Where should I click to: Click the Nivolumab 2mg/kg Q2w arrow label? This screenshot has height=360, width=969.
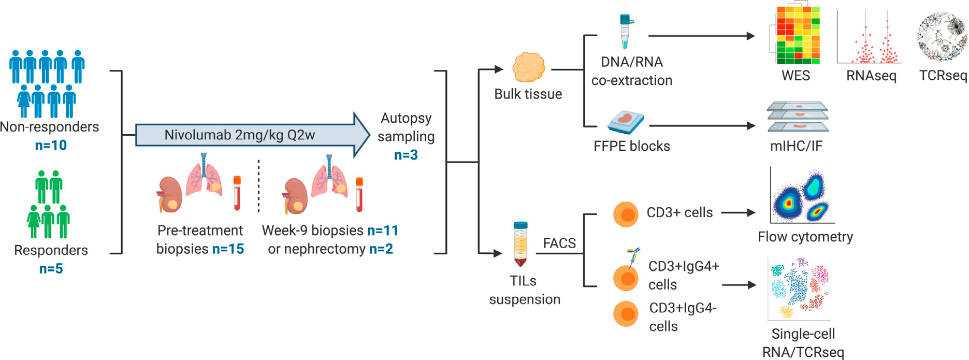pyautogui.click(x=239, y=135)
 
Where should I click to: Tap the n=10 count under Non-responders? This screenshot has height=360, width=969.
pyautogui.click(x=51, y=146)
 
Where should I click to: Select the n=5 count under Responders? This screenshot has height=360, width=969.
pyautogui.click(x=51, y=269)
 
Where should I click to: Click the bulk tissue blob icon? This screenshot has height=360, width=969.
pyautogui.click(x=528, y=67)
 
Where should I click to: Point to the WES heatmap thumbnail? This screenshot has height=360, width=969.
pyautogui.click(x=794, y=35)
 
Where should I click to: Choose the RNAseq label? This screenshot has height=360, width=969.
pyautogui.click(x=871, y=76)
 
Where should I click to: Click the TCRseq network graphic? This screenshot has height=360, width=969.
pyautogui.click(x=942, y=36)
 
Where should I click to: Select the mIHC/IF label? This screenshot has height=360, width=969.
pyautogui.click(x=796, y=147)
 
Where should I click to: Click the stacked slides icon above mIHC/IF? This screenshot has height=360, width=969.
pyautogui.click(x=798, y=117)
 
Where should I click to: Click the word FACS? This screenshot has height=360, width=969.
pyautogui.click(x=559, y=243)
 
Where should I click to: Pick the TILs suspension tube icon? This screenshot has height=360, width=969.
pyautogui.click(x=520, y=243)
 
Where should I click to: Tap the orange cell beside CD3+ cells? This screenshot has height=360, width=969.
pyautogui.click(x=626, y=214)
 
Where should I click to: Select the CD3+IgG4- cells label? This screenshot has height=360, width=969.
pyautogui.click(x=683, y=317)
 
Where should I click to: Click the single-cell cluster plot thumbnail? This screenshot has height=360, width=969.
pyautogui.click(x=799, y=289)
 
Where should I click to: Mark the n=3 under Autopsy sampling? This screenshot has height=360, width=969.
pyautogui.click(x=406, y=155)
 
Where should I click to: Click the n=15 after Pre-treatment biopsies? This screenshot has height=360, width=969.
pyautogui.click(x=228, y=249)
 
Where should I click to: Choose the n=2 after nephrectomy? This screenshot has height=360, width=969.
pyautogui.click(x=381, y=249)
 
